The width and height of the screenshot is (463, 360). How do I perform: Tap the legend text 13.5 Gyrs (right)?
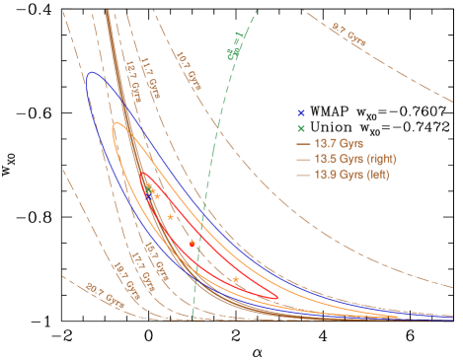point(353,160)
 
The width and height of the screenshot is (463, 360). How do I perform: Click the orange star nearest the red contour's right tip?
point(236,280)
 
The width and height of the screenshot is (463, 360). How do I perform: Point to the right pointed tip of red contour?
point(277,297)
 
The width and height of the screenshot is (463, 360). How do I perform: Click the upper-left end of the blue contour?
point(90,73)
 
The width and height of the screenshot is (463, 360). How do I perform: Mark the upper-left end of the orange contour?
point(116,124)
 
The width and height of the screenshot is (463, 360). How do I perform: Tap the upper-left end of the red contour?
point(142,175)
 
